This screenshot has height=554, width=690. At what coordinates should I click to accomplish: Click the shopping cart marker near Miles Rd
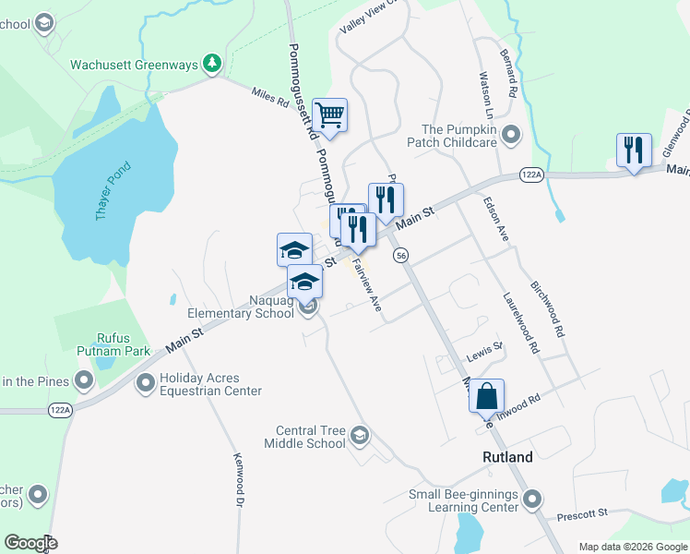[329, 116]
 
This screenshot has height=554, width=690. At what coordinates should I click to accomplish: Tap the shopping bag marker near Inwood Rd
[487, 397]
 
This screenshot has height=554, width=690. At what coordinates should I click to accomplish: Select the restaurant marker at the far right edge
[634, 151]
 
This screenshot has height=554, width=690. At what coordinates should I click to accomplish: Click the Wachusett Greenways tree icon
[213, 63]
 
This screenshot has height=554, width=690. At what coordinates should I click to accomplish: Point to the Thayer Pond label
[114, 190]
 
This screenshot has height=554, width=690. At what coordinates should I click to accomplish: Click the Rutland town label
[507, 457]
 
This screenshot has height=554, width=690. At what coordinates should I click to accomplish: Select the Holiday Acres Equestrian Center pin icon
[145, 382]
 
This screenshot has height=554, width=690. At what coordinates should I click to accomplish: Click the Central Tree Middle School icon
[360, 436]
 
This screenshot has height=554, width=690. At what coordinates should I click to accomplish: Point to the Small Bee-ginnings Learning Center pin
[532, 500]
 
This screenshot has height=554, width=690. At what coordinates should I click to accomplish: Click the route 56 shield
[400, 255]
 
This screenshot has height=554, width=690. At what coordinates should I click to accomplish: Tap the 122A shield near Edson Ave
[531, 174]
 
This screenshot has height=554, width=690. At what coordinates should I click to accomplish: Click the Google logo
[30, 543]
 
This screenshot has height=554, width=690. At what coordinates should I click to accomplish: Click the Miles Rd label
[270, 96]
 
